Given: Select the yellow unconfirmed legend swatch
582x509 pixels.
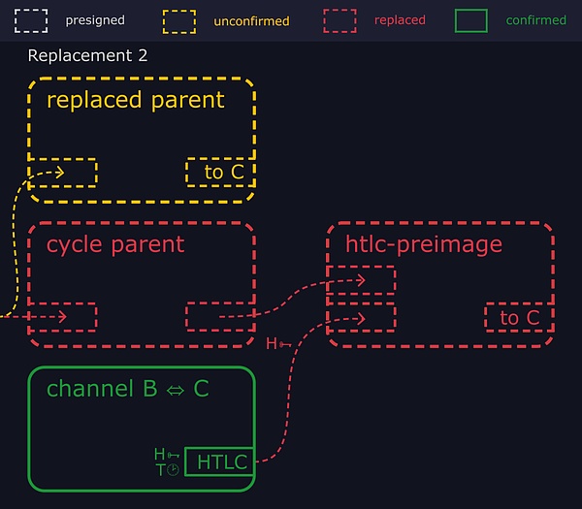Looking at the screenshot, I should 178,19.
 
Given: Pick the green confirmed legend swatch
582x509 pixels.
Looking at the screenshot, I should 471,19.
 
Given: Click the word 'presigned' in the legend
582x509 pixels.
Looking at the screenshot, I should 95,20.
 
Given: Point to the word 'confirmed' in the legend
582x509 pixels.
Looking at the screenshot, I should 535,20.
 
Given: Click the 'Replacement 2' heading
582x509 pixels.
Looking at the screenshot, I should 87,55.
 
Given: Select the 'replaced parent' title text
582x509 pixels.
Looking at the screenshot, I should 135,100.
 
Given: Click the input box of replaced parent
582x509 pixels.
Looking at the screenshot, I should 63,173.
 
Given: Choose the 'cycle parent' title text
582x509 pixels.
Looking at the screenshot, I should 114,243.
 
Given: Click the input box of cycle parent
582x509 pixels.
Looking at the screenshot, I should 63,317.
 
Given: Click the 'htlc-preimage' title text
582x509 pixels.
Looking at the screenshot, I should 424,243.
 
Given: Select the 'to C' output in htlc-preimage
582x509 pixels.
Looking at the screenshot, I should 519,318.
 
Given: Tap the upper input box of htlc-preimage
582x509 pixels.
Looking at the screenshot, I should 362,280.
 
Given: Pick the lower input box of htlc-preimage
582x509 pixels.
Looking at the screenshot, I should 362,317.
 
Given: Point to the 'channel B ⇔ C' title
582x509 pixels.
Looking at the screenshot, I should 127,389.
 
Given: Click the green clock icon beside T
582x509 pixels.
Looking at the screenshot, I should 173,469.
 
